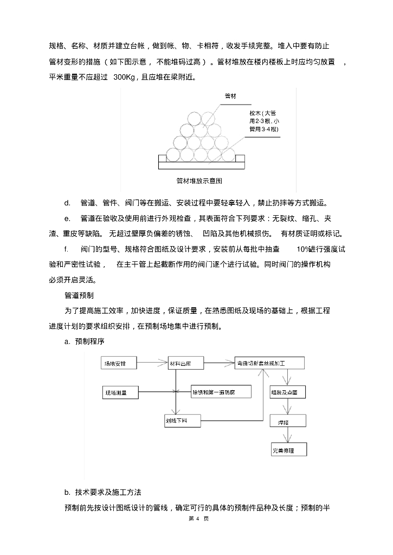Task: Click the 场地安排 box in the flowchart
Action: pos(119,363)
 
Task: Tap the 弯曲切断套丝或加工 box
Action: pos(269,363)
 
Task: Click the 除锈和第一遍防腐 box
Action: pos(220,391)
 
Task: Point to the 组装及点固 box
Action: pos(287,391)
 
